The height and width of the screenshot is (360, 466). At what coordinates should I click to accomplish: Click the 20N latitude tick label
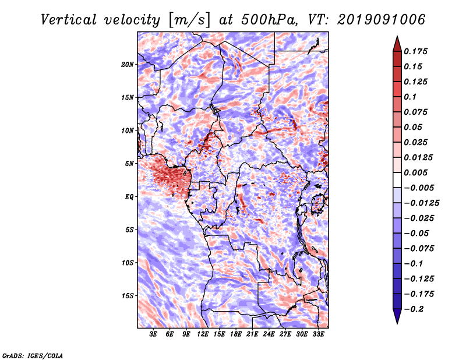[x=128, y=65]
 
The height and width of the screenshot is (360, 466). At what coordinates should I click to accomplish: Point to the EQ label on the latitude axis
[x=129, y=197]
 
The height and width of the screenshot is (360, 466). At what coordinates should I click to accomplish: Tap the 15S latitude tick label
[x=128, y=296]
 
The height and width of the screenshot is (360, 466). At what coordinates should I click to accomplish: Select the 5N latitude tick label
[x=129, y=164]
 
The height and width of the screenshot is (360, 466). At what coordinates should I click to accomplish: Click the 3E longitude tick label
[x=153, y=334]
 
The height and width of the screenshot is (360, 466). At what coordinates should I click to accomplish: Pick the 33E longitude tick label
[x=318, y=334]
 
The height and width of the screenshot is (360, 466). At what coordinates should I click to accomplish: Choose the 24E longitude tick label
[x=269, y=334]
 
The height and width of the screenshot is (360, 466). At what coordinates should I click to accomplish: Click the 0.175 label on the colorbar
[x=415, y=51]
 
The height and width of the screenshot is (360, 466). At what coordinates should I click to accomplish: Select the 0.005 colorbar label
[x=415, y=172]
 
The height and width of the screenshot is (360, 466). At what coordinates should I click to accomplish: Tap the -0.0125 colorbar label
[x=421, y=203]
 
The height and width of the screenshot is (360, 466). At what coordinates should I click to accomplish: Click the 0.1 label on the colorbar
[x=410, y=97]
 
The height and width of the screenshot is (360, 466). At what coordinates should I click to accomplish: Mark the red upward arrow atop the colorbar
[x=397, y=44]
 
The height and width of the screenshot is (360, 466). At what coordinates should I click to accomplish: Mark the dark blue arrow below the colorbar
[x=397, y=316]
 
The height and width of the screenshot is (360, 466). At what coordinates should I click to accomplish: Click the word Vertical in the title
[x=68, y=20]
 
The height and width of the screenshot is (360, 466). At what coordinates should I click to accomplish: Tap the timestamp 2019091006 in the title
[x=382, y=20]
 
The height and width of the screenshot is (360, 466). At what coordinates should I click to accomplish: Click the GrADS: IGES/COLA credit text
[x=33, y=355]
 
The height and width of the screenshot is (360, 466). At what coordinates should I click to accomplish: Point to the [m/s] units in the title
[x=189, y=20]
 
